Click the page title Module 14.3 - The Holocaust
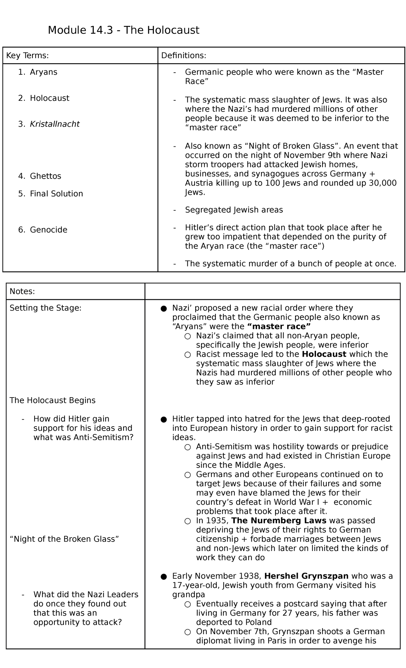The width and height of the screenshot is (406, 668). click(123, 30)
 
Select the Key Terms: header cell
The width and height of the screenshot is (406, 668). click(27, 55)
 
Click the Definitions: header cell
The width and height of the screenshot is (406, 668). click(184, 55)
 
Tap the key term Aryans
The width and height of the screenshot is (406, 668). click(43, 72)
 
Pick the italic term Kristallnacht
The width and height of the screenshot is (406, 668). click(54, 124)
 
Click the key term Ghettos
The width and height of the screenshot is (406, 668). click(45, 176)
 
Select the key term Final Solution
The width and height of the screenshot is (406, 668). click(56, 194)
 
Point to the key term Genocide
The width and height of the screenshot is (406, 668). click(48, 230)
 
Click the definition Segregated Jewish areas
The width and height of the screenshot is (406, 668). click(234, 210)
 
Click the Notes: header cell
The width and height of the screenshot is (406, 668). click(22, 291)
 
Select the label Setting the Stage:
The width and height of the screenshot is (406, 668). click(45, 308)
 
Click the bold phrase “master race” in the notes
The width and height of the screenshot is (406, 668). click(279, 327)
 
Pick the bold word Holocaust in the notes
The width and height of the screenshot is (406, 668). click(324, 354)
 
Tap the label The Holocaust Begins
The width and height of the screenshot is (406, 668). click(52, 400)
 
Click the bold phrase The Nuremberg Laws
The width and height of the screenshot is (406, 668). click(279, 521)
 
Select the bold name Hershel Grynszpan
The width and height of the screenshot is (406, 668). click(307, 576)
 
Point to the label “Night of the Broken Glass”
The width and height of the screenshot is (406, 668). click(64, 539)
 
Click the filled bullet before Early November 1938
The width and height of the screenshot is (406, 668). click(164, 576)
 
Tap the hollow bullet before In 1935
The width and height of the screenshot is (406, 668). click(187, 521)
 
